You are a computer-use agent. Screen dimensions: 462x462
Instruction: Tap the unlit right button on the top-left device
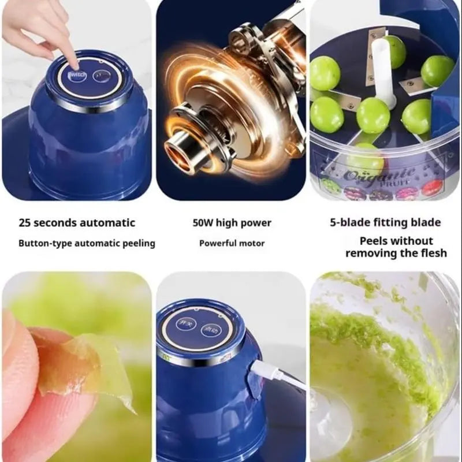pos(102,76)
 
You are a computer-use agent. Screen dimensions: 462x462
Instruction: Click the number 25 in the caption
pos(25,223)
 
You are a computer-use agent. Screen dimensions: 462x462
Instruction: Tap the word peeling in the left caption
pos(139,243)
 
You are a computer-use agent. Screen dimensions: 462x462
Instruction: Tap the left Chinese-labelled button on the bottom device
pos(186,324)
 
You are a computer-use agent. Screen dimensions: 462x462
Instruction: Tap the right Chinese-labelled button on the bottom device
pos(211,330)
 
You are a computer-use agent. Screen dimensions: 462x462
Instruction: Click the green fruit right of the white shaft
pos(416,116)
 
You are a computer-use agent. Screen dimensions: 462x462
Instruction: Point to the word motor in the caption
pos(253,243)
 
